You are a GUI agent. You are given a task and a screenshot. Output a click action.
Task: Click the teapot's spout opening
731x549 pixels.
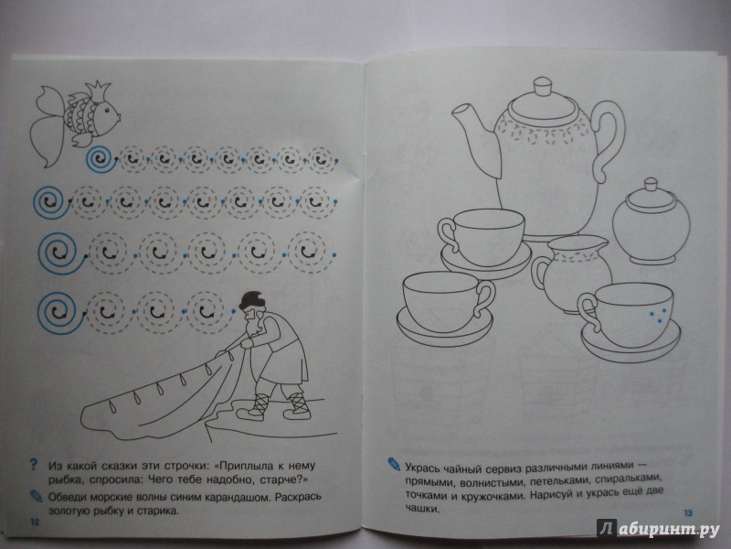coord(461,111)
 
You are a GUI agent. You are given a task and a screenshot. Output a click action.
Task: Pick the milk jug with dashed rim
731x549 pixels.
coord(573,273)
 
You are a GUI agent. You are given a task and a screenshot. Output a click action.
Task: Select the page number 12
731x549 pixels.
coord(35,522)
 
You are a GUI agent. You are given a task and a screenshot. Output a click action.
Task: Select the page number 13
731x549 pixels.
coord(688,513)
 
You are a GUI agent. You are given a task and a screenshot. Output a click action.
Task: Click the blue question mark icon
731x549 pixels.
coord(33,465)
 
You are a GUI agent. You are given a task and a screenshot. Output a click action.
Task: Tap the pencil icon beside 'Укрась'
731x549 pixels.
coord(394,464)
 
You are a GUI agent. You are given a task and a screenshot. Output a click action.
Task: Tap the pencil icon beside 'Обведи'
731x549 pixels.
coord(36,496)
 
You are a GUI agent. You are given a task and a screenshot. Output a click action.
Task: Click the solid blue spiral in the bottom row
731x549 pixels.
coord(58,313)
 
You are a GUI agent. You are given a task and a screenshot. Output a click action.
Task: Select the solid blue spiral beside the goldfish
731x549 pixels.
coord(101,159)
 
